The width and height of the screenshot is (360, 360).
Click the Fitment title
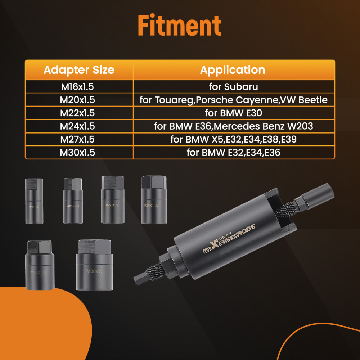point(180,26)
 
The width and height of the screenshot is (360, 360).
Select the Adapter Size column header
point(79,70)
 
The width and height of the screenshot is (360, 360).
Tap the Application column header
point(233,70)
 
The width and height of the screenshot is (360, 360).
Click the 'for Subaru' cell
point(233,87)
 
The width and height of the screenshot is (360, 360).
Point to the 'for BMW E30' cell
point(233,113)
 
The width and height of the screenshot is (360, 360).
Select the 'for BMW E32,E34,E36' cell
point(233,153)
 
